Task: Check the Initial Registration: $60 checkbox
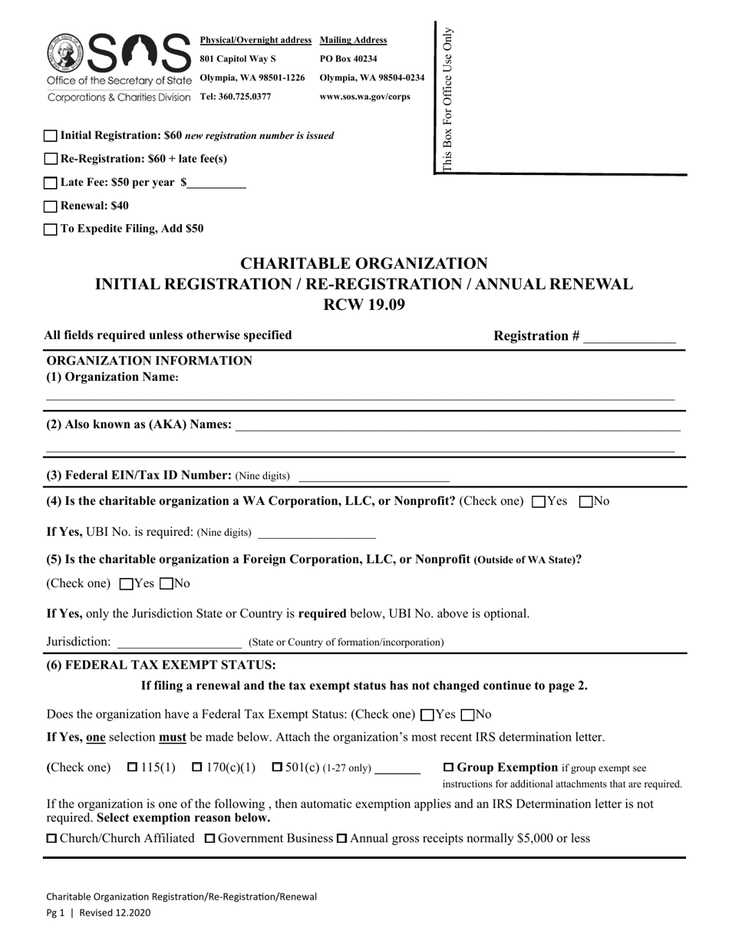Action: pos(51,136)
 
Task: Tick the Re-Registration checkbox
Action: pos(51,159)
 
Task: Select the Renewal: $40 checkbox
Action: pos(51,206)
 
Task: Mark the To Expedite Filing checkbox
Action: pos(51,229)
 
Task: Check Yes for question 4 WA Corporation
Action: pos(538,502)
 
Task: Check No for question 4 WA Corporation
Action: pos(586,502)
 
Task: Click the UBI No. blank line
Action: pos(317,533)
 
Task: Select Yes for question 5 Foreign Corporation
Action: pos(127,584)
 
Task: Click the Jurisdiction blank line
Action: pos(179,642)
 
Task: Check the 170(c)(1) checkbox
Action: pos(197,767)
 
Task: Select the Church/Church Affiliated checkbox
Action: pos(51,838)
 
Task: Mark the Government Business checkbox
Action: pos(209,838)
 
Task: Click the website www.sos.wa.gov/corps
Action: pos(364,97)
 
